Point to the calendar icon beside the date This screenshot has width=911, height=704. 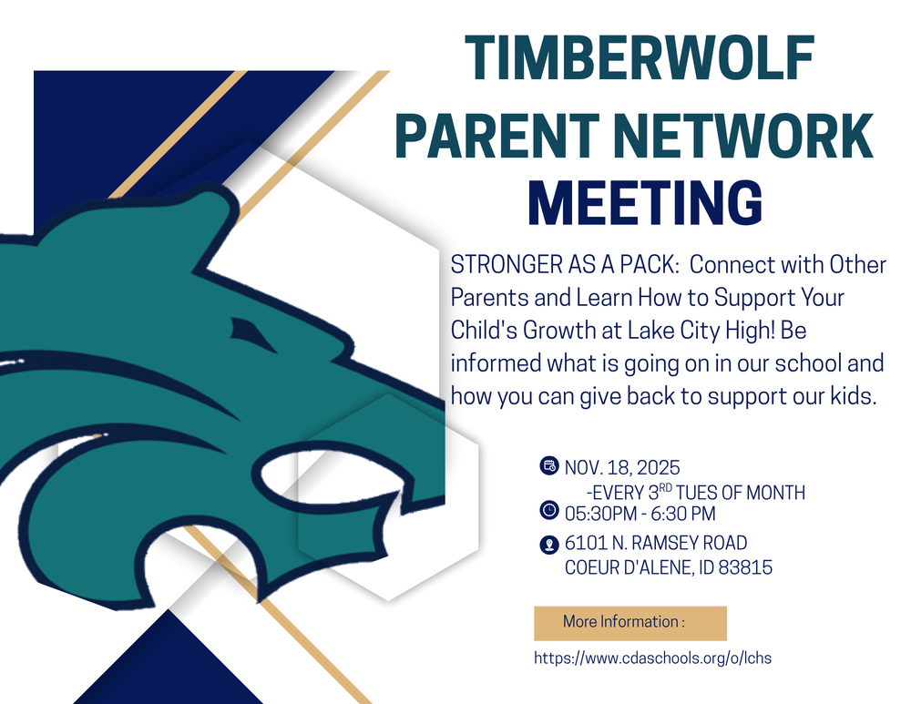coord(549,467)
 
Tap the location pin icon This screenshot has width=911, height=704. coord(549,545)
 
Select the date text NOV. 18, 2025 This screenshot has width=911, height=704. coord(622,469)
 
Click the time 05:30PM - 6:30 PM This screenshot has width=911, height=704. coord(640,512)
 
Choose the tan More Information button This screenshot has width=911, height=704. coord(630,623)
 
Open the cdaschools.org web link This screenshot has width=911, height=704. coord(652,658)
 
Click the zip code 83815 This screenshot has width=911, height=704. coord(743,567)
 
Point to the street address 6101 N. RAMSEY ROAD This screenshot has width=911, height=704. coord(656,544)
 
